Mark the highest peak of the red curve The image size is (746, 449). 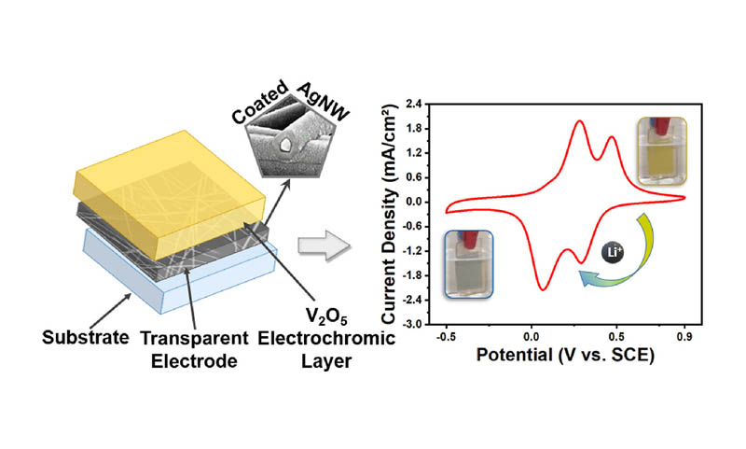pos(580,121)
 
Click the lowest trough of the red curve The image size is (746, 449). pos(543,289)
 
